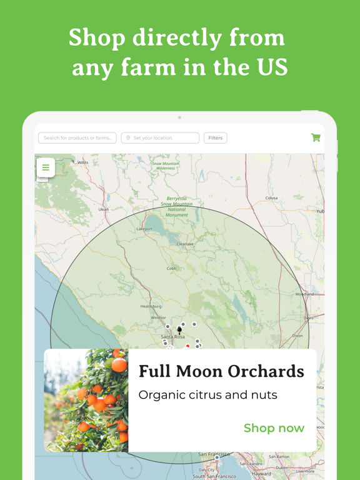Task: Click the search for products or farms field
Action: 77,137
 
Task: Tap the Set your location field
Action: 161,137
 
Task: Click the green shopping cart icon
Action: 316,137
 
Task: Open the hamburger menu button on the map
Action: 46,167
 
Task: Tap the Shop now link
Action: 274,428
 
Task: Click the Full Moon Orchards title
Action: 221,371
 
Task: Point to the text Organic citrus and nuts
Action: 207,395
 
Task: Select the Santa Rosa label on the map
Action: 171,337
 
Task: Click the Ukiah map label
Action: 104,209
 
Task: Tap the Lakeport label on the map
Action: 144,229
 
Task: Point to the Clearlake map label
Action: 185,244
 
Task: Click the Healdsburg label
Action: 151,306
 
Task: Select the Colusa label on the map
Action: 271,198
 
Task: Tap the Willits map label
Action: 82,162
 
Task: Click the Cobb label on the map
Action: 171,269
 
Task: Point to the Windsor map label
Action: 159,317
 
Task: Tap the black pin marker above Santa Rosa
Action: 180,329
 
